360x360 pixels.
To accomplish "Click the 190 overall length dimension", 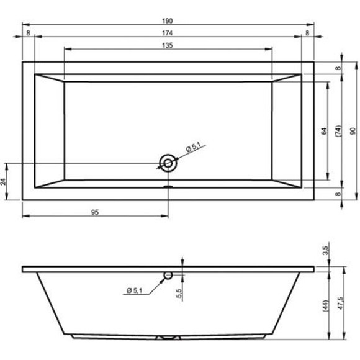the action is pyautogui.click(x=168, y=21).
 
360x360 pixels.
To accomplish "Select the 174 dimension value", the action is pyautogui.click(x=168, y=34).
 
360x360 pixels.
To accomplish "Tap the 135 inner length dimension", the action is pyautogui.click(x=168, y=45).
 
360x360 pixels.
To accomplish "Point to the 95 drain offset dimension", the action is pyautogui.click(x=95, y=212).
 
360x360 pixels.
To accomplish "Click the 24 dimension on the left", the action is pyautogui.click(x=3, y=182).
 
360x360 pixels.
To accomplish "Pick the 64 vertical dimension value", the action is pyautogui.click(x=324, y=131).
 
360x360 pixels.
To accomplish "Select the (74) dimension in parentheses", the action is pyautogui.click(x=338, y=131).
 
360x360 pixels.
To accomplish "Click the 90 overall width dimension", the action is pyautogui.click(x=353, y=131).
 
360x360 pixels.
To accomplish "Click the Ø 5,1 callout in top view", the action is pyautogui.click(x=194, y=147).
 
